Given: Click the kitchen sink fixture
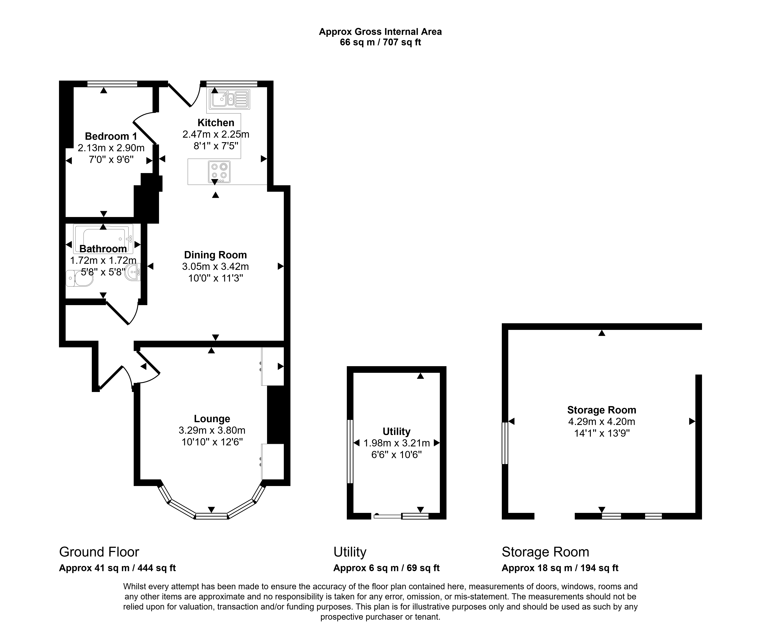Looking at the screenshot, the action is coord(229,99).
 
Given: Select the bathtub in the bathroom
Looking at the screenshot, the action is coord(103,239).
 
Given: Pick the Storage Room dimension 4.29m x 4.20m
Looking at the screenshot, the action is coord(601,422).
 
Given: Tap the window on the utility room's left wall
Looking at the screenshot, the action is coord(350,451).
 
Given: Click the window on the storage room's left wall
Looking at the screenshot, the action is coord(505,443).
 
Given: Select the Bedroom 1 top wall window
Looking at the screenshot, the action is coord(112,84).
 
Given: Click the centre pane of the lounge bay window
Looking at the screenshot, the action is coord(212,516).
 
